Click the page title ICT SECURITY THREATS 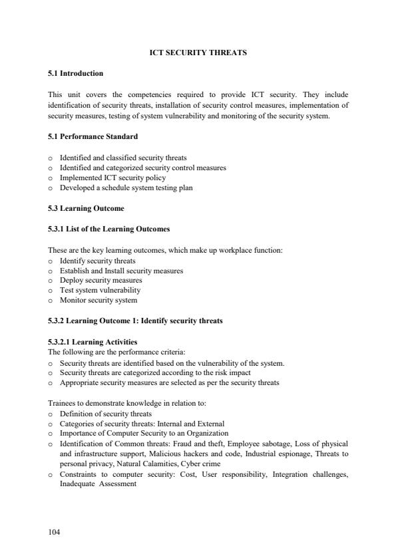pos(198,53)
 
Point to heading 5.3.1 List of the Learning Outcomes pos(108,229)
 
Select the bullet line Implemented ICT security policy pos(112,178)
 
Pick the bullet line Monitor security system pos(99,300)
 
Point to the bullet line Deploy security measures pos(100,280)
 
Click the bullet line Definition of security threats pos(105,414)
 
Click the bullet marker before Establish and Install pos(51,271)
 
